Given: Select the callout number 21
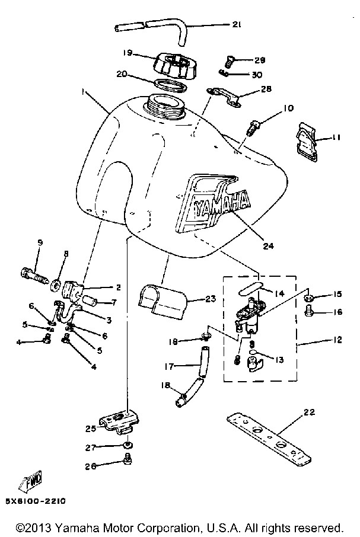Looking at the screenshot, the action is pyautogui.click(x=237, y=24).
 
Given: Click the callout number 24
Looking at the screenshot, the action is pyautogui.click(x=268, y=245).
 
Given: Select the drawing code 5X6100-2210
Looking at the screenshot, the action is pyautogui.click(x=35, y=501).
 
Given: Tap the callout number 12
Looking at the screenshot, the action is pyautogui.click(x=337, y=340).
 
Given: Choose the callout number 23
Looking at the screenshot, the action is pyautogui.click(x=211, y=299).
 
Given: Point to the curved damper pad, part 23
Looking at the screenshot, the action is pyautogui.click(x=163, y=300).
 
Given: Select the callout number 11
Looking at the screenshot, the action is pyautogui.click(x=336, y=138).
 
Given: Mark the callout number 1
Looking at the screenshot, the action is pyautogui.click(x=83, y=91).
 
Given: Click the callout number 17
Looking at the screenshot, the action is pyautogui.click(x=169, y=366).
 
